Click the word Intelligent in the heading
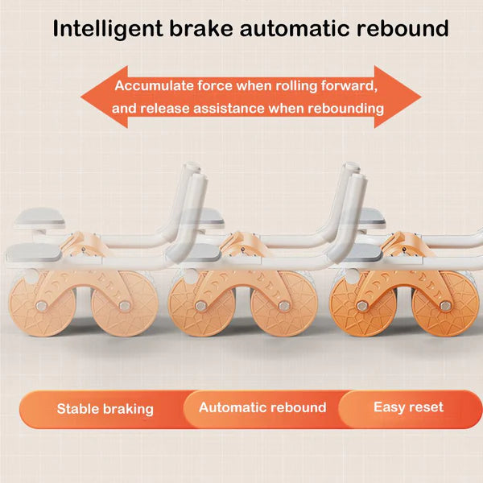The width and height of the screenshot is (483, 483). (x=108, y=29)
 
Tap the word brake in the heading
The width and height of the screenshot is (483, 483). (x=200, y=28)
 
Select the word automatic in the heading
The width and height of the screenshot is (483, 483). (x=294, y=29)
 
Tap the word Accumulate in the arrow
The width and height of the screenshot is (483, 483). (x=154, y=85)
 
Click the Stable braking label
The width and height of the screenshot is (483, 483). (x=105, y=409)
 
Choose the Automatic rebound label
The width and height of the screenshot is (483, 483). (x=262, y=407)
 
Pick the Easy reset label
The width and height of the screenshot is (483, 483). (x=408, y=407)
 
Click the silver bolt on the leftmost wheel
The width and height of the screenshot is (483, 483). (x=41, y=306)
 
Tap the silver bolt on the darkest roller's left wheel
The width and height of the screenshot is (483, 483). (x=361, y=306)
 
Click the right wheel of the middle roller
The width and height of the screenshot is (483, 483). (x=284, y=304)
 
